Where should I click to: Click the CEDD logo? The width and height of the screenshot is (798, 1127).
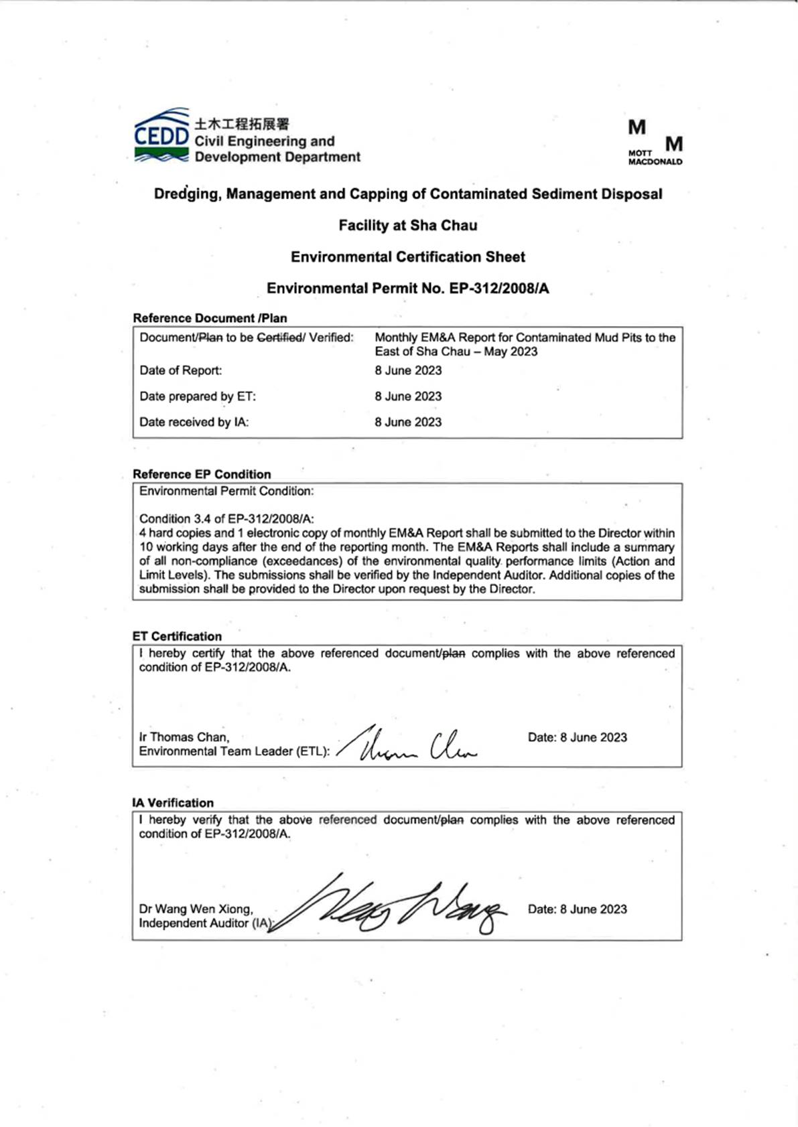coord(161,135)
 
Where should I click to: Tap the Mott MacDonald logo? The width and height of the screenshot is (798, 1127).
coord(655,143)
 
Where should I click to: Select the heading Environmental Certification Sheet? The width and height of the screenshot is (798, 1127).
coord(407,257)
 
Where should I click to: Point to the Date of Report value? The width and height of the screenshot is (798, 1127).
coord(408,370)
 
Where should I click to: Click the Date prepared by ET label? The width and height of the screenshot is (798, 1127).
coord(198,396)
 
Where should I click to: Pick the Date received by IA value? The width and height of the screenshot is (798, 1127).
coord(408,422)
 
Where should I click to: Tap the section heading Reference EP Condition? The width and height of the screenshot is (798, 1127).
coord(202,474)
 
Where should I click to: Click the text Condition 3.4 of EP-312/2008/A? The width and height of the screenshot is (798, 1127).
coord(226,519)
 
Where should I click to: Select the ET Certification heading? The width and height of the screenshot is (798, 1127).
coord(177,636)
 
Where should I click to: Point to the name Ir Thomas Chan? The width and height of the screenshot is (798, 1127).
coord(184,737)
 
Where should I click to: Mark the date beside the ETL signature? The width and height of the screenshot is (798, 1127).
coord(577,737)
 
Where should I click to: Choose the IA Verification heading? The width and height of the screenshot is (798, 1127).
coord(173,803)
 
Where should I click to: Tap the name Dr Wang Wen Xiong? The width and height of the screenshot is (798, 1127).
coord(196,909)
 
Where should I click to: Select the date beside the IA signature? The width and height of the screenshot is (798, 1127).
coord(577,909)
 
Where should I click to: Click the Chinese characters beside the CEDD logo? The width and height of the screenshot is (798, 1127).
coord(242,124)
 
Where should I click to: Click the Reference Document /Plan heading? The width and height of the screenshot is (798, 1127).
coord(210,318)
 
